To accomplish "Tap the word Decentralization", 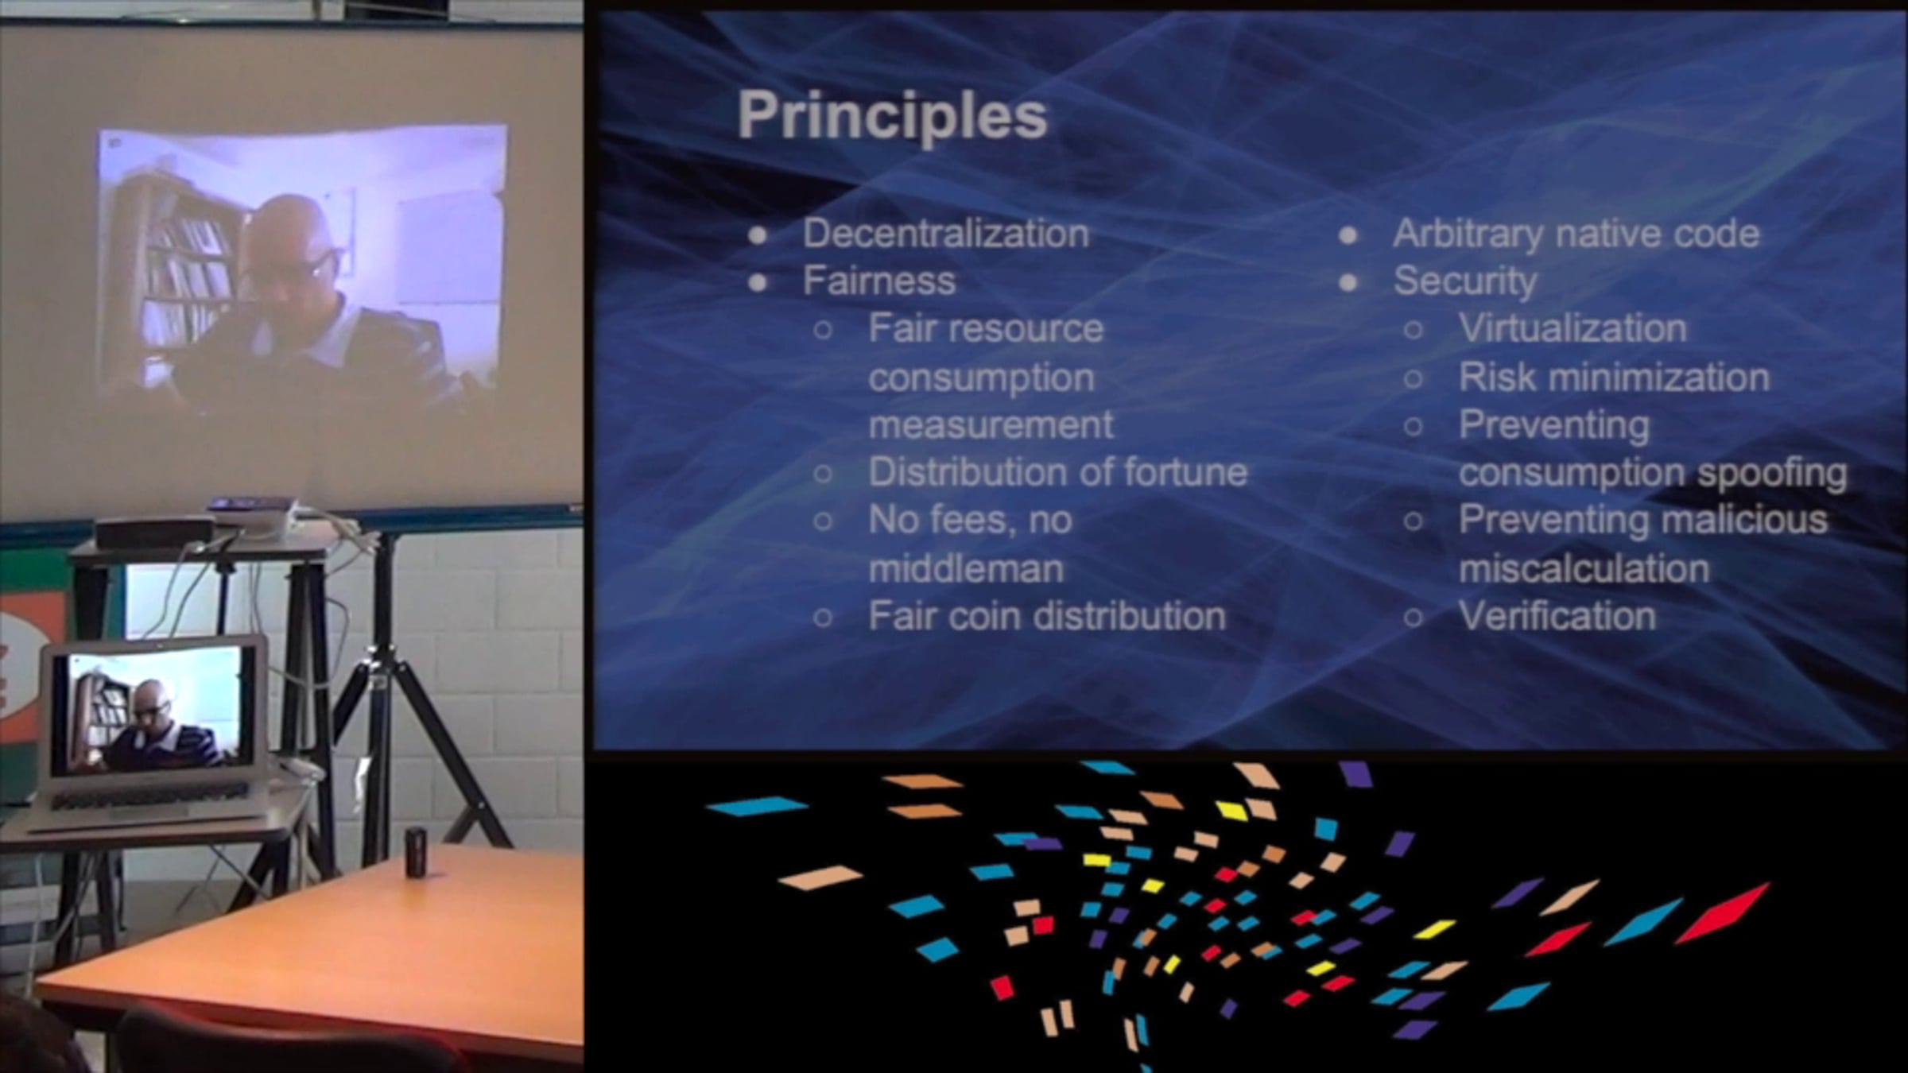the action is pyautogui.click(x=945, y=234).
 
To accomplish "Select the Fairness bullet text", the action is pyautogui.click(x=878, y=281).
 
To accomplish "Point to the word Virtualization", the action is pyautogui.click(x=1573, y=328).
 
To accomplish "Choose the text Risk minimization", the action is pyautogui.click(x=1614, y=377).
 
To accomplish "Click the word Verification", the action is pyautogui.click(x=1557, y=616).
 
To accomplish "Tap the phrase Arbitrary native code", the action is pyautogui.click(x=1576, y=234).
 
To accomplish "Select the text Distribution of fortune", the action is pyautogui.click(x=1057, y=472).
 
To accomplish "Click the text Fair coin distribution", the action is pyautogui.click(x=1047, y=616).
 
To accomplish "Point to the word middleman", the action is pyautogui.click(x=966, y=568).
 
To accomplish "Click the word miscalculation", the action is pyautogui.click(x=1584, y=568).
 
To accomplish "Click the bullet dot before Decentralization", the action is pyautogui.click(x=758, y=235).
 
